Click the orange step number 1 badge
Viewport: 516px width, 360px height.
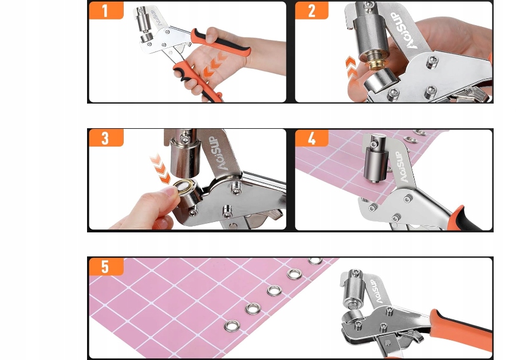106,10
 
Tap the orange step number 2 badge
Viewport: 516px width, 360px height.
312,10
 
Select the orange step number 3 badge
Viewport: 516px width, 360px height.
106,138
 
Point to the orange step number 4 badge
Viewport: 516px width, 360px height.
312,138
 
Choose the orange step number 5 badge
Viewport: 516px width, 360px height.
106,266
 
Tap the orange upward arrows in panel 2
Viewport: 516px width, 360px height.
351,68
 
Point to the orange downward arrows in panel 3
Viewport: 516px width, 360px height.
160,169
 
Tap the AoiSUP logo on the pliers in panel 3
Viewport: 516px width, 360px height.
219,153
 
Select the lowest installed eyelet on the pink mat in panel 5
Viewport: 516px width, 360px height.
233,326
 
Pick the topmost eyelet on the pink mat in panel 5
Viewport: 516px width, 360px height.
315,261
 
